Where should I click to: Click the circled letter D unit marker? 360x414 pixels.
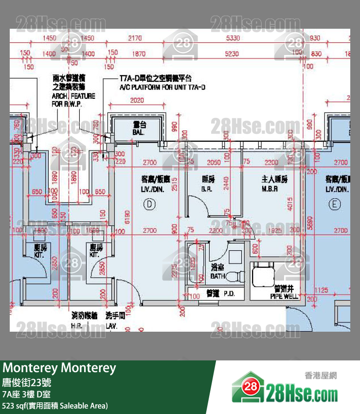click(149, 205)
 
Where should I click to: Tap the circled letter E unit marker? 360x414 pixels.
click(334, 205)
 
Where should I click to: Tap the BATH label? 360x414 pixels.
click(217, 272)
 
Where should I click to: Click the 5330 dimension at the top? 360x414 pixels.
click(233, 38)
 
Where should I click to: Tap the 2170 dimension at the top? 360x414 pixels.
click(135, 38)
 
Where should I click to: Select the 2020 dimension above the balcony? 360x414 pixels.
click(137, 101)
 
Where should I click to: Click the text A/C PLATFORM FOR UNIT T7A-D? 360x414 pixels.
click(162, 87)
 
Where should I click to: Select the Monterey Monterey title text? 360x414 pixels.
click(59, 368)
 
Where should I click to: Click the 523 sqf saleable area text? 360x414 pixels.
click(55, 405)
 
